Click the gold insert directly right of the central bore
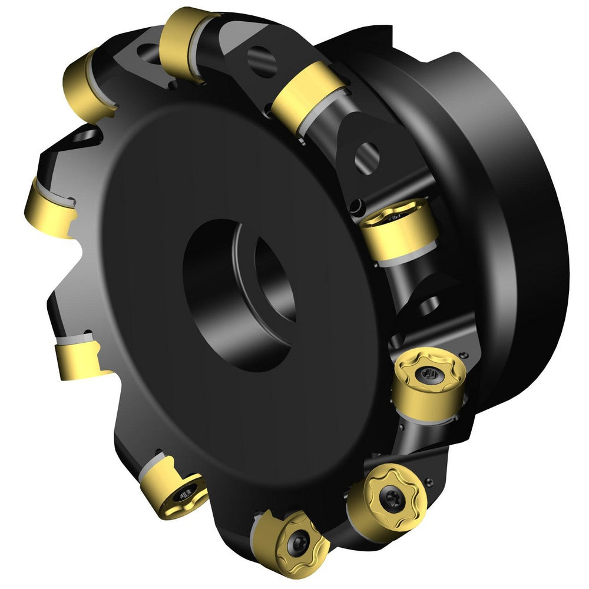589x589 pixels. coord(398,230)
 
